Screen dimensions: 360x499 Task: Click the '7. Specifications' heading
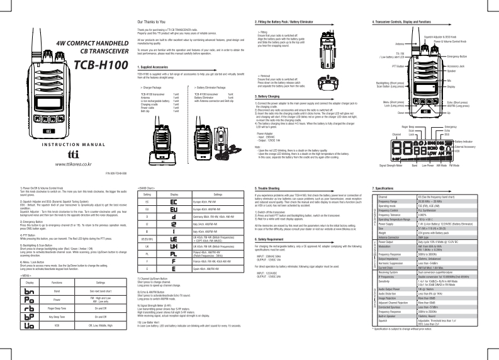[x=385, y=188]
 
